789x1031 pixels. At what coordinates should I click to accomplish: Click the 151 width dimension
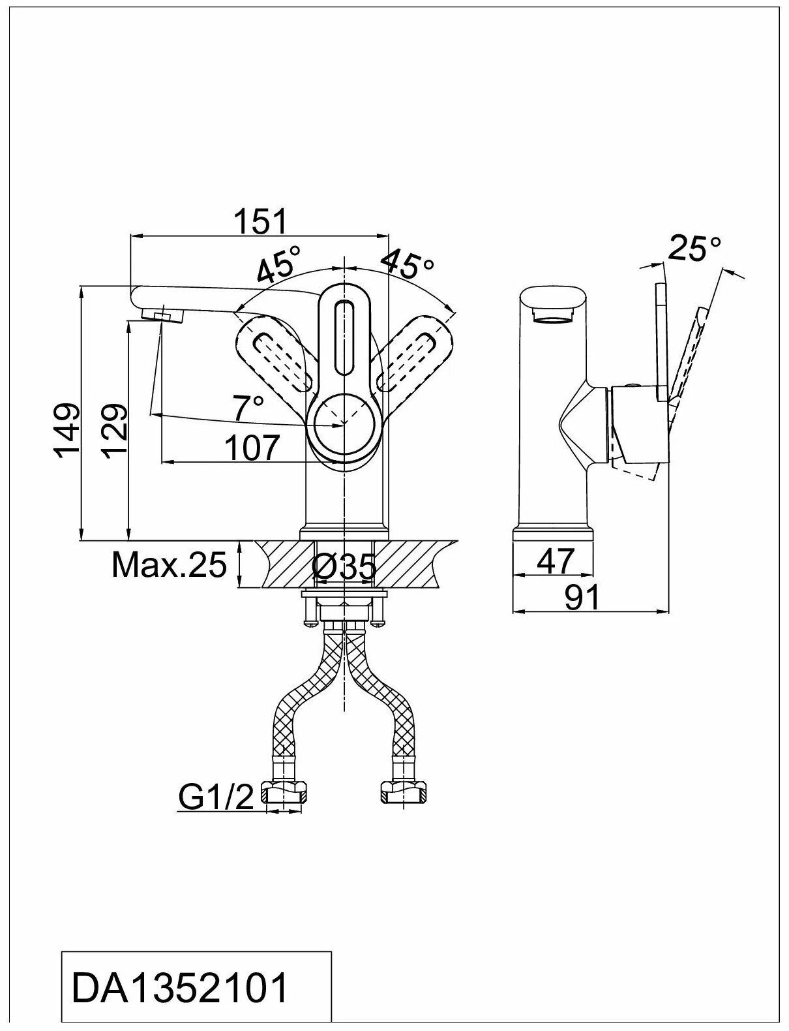260,222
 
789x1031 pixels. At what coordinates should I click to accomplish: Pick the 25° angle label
696,249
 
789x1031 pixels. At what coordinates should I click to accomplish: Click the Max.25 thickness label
169,564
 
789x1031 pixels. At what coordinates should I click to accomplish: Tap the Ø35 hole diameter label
344,568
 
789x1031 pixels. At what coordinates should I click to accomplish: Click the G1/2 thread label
216,797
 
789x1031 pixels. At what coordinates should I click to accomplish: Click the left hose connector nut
284,792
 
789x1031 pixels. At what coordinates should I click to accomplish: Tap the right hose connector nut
404,792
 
